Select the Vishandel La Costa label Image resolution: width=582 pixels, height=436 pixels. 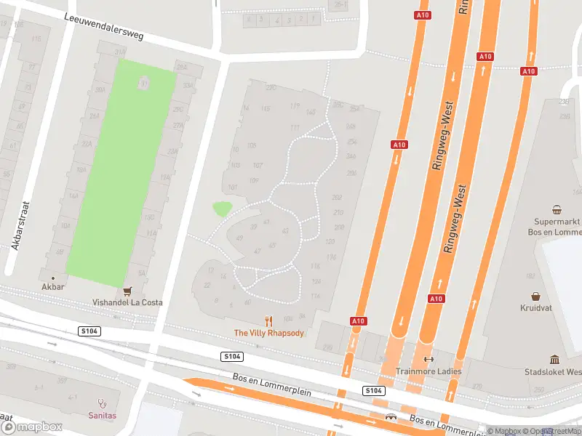tap(127, 302)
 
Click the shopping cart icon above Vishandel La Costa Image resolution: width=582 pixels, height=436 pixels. tap(128, 290)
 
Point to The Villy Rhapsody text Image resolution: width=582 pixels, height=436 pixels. tap(268, 333)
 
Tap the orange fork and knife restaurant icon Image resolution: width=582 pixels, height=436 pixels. tap(268, 320)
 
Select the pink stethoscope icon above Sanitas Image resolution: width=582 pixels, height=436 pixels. tap(103, 402)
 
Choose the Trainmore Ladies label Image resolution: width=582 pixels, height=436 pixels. tap(428, 371)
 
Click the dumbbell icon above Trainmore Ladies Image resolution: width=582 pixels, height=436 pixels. tap(428, 359)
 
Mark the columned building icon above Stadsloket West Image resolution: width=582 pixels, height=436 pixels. tap(554, 359)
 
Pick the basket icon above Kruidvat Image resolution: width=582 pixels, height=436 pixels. tap(536, 296)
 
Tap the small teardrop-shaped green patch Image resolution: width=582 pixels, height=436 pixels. tap(222, 209)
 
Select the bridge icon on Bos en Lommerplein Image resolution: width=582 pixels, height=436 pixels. tap(391, 417)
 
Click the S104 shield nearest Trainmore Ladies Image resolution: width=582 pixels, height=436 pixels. tap(374, 391)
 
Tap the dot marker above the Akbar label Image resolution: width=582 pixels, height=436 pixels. tap(52, 278)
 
